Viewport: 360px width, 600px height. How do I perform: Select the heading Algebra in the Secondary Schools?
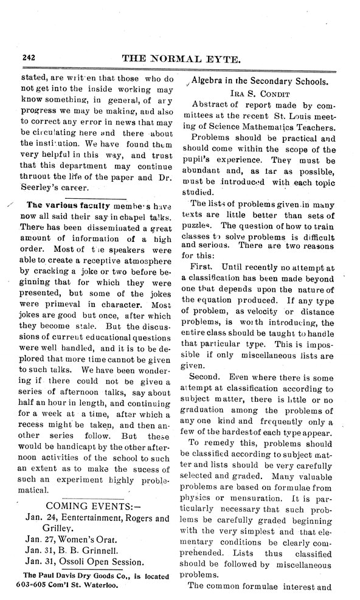[260, 81]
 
